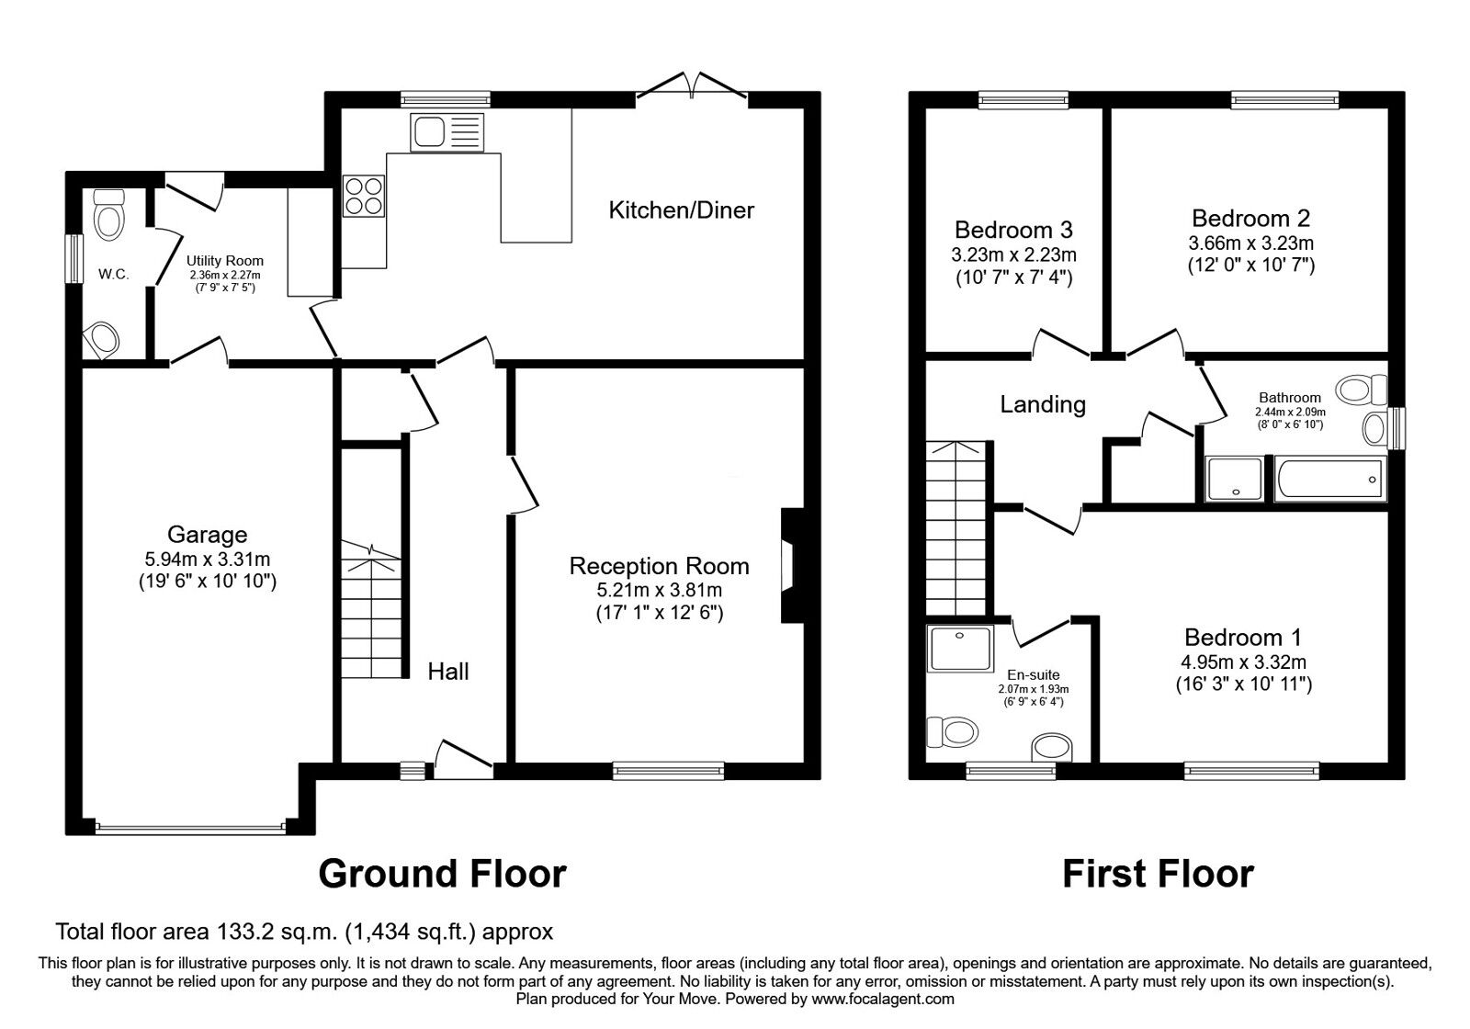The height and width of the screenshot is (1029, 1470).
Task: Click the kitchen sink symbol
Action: [447, 132]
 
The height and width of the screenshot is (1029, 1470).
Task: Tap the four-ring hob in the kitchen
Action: [364, 196]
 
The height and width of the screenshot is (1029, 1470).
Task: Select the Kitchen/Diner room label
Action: [681, 210]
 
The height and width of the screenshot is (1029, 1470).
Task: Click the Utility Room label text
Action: [225, 261]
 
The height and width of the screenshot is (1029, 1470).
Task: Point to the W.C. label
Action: [113, 274]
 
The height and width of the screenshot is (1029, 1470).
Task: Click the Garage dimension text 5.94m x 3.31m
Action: [208, 559]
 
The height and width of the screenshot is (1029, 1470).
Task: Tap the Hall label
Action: [448, 672]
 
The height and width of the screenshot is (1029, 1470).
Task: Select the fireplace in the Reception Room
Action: [790, 566]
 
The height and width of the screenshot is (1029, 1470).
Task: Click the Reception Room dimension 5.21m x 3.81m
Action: [659, 590]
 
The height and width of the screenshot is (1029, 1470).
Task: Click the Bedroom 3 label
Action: [1013, 230]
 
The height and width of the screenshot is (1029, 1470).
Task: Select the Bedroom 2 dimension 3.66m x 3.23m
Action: [1250, 243]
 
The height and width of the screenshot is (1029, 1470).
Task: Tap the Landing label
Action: [1043, 404]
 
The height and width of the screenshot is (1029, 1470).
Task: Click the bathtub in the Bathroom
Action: [1329, 480]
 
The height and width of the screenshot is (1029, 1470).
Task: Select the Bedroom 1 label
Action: [1243, 638]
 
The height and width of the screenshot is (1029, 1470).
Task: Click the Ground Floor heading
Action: [442, 874]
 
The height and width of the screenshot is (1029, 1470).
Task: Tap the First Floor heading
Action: [1158, 874]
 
